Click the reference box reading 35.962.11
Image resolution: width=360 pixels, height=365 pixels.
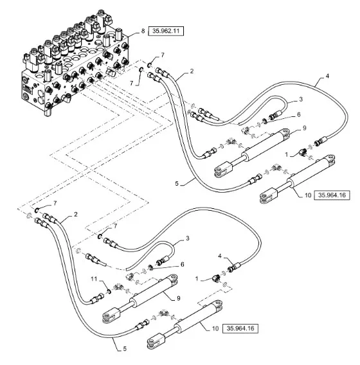coord(166,31)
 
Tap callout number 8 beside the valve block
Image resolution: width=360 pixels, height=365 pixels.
coord(143,31)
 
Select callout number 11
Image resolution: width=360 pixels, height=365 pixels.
coord(94,279)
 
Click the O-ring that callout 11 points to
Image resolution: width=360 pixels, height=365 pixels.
coord(109,291)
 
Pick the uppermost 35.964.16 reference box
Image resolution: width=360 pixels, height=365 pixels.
coord(332,195)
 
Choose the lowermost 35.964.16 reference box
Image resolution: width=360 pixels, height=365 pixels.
coord(240,328)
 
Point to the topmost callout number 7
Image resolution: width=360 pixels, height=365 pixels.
coord(163,55)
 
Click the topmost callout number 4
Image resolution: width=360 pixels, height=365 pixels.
coord(327,76)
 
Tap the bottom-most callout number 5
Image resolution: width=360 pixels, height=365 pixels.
coord(125,349)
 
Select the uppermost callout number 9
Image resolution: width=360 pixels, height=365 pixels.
coord(305,128)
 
